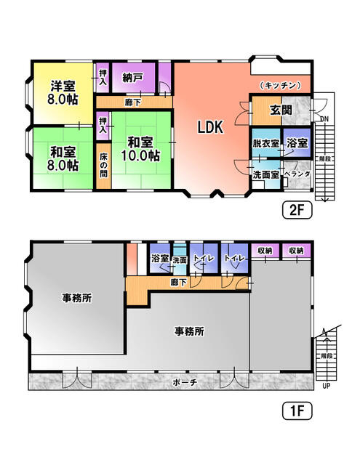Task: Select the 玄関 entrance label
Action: point(281,111)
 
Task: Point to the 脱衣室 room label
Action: point(265,144)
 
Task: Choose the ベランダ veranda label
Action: point(297,174)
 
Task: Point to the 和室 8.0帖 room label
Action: point(63,159)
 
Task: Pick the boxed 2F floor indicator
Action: point(296,211)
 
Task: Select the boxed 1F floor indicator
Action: point(295,411)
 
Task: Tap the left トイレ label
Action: point(204,259)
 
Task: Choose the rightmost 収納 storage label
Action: point(295,251)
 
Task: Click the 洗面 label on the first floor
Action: point(179,259)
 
